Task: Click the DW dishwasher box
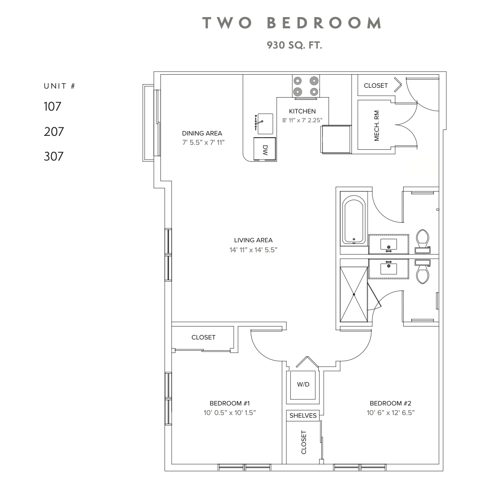[265, 148]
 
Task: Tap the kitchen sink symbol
[265, 124]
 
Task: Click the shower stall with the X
[354, 295]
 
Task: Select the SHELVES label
[303, 416]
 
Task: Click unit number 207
[53, 132]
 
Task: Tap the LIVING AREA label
[253, 240]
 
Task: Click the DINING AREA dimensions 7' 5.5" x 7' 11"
[202, 142]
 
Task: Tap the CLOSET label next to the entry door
[376, 85]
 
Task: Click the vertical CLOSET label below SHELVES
[304, 442]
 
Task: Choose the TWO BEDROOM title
[292, 23]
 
